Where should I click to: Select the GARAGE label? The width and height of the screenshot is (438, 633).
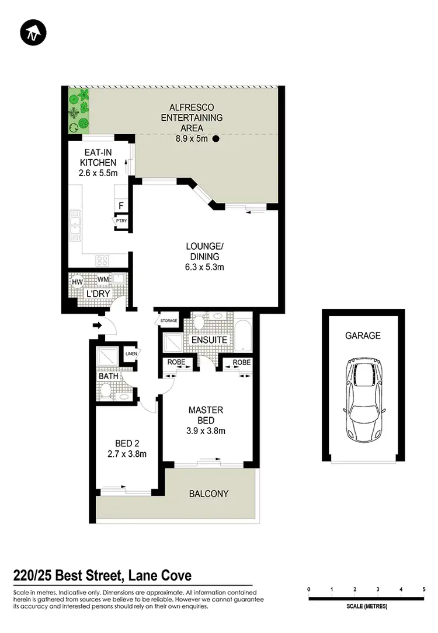pyautogui.click(x=363, y=335)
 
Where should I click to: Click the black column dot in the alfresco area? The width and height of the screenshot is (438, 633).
pyautogui.click(x=216, y=139)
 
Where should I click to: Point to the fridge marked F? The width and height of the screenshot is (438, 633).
pyautogui.click(x=121, y=205)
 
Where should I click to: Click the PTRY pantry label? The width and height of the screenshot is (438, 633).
pyautogui.click(x=121, y=221)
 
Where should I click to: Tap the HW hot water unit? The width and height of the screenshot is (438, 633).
pyautogui.click(x=77, y=282)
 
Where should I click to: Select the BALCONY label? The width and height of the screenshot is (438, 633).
pyautogui.click(x=208, y=494)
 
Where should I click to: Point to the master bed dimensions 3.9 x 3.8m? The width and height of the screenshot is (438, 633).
pyautogui.click(x=207, y=431)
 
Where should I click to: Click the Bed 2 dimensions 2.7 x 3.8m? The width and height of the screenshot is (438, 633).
pyautogui.click(x=127, y=453)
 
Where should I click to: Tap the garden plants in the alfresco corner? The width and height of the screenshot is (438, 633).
pyautogui.click(x=78, y=110)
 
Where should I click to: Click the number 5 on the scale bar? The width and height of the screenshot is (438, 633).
pyautogui.click(x=424, y=589)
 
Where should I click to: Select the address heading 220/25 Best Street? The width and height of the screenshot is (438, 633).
pyautogui.click(x=102, y=576)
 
